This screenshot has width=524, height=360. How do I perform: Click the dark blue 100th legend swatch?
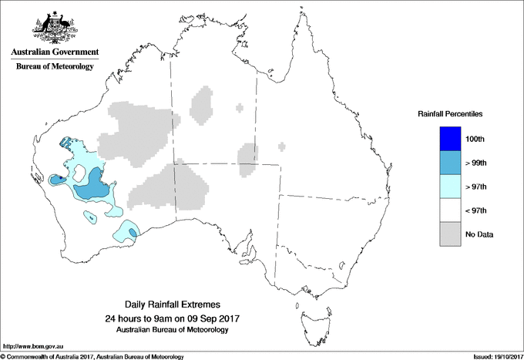click(x=450, y=139)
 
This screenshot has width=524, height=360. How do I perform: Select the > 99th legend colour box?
click(x=450, y=163)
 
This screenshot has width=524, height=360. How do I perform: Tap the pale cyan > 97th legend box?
click(x=450, y=187)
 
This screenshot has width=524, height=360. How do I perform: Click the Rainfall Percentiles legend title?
click(x=450, y=114)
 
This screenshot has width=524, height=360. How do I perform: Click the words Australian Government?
click(x=54, y=52)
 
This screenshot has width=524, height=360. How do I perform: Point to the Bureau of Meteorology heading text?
click(x=54, y=67)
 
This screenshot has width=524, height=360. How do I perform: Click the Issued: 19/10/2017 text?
click(x=492, y=356)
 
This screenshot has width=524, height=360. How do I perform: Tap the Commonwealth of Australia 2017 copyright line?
click(x=92, y=356)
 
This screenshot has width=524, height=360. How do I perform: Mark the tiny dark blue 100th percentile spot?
click(x=61, y=177)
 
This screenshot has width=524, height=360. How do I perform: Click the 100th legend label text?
click(x=475, y=139)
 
